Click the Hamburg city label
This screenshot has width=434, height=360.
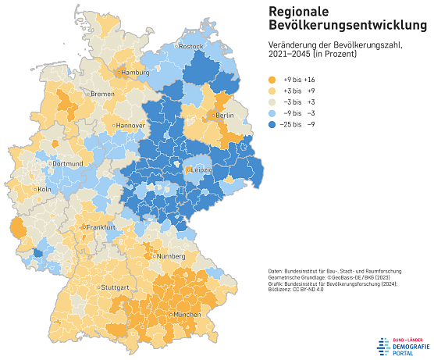pos(136,73)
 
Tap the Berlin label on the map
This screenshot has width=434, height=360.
pos(224,116)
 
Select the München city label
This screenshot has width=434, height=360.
pos(187,314)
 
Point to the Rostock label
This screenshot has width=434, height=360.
pos(191,47)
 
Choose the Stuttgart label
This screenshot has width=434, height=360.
pos(113,287)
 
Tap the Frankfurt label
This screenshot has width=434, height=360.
pos(101,227)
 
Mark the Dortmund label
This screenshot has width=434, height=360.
pos(68,164)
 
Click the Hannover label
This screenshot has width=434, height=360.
pos(131,126)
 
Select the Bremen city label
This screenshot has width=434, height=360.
pos(102,94)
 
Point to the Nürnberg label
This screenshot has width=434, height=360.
pos(169,256)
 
